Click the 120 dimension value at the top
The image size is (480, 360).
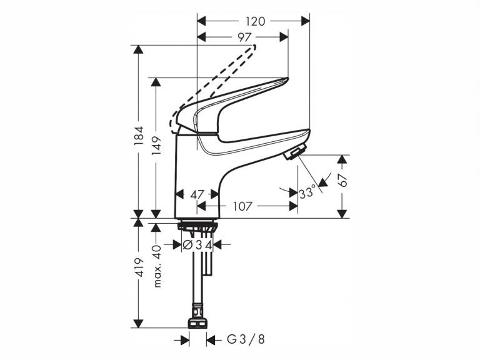pyautogui.click(x=256, y=21)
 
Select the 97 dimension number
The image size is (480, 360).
pyautogui.click(x=244, y=37)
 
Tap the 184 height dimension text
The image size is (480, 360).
pyautogui.click(x=139, y=136)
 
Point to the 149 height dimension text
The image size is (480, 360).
pyautogui.click(x=157, y=146)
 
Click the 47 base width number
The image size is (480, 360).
pyautogui.click(x=197, y=194)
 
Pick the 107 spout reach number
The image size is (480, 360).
pyautogui.click(x=242, y=206)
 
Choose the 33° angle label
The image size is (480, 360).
pyautogui.click(x=307, y=192)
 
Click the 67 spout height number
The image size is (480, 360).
pyautogui.click(x=343, y=180)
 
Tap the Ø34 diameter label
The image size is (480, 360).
pyautogui.click(x=197, y=245)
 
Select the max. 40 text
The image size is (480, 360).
pyautogui.click(x=157, y=266)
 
